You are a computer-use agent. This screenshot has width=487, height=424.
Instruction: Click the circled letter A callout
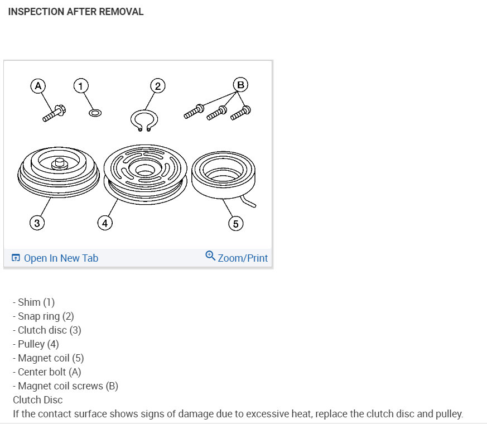pyautogui.click(x=38, y=86)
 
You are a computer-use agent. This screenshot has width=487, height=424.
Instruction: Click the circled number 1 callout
pyautogui.click(x=81, y=86)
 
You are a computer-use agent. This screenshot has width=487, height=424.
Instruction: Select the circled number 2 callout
pyautogui.click(x=158, y=86)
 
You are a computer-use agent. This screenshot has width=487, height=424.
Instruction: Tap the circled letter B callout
pyautogui.click(x=240, y=85)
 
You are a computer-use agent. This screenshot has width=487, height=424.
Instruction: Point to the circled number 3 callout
pyautogui.click(x=37, y=224)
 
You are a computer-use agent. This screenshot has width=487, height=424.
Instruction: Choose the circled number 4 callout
pyautogui.click(x=104, y=224)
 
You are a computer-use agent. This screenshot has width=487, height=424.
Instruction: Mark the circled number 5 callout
pyautogui.click(x=235, y=224)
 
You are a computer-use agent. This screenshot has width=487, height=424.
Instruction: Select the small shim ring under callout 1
pyautogui.click(x=95, y=113)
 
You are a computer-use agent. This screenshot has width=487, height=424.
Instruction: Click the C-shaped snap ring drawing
pyautogui.click(x=144, y=120)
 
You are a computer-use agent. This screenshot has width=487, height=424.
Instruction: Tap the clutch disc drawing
pyautogui.click(x=58, y=170)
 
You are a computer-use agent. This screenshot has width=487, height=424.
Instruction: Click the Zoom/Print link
pyautogui.click(x=242, y=258)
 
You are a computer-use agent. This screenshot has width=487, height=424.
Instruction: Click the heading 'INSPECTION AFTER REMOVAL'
pyautogui.click(x=76, y=12)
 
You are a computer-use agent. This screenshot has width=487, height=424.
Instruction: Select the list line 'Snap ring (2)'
pyautogui.click(x=46, y=316)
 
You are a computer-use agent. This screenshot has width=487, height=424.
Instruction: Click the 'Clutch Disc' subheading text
pyautogui.click(x=38, y=399)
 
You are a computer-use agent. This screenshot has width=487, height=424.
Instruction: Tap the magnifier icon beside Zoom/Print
pyautogui.click(x=210, y=256)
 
